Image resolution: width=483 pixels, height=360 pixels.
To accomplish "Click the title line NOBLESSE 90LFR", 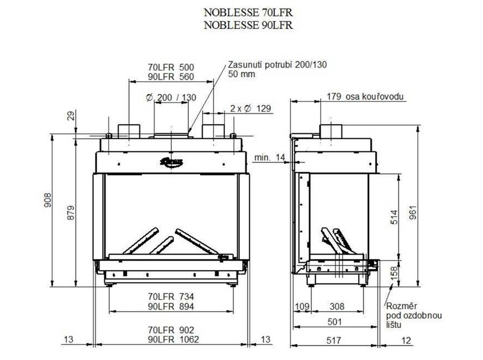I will (x=244, y=25).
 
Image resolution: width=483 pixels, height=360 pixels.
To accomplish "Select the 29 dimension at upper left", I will (x=71, y=115).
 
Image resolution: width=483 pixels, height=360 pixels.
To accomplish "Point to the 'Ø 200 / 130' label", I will (x=171, y=98).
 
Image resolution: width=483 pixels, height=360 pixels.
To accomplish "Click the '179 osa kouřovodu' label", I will (x=365, y=96).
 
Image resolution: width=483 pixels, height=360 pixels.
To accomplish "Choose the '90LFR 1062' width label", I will (x=171, y=340).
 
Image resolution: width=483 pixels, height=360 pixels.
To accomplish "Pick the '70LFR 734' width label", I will (x=171, y=296).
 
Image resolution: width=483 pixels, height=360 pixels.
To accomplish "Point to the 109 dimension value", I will (x=301, y=307).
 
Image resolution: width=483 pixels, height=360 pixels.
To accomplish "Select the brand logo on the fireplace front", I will (x=171, y=160).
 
